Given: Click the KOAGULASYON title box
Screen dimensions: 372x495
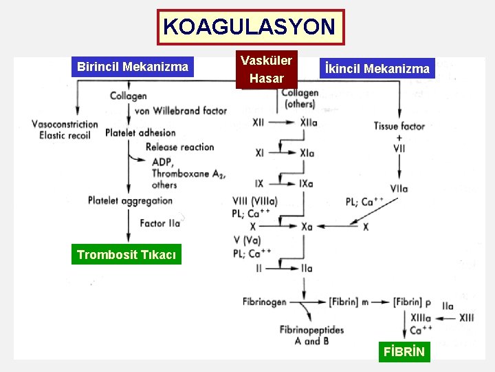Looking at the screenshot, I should point(250,28).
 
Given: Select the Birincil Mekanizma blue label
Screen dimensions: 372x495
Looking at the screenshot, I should point(133,67).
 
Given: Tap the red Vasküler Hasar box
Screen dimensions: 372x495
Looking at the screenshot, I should point(266,70).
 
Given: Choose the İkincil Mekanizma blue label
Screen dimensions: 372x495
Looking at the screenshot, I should point(377,68).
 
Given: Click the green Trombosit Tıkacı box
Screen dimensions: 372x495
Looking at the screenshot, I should point(126,255).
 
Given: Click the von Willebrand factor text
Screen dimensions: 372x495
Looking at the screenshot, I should point(181,110).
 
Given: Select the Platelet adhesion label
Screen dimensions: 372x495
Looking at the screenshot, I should point(140,132).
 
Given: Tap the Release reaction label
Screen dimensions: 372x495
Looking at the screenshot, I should point(179,147).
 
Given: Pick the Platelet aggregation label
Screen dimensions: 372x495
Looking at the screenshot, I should point(130,200).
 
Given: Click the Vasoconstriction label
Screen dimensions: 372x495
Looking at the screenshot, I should point(65,124).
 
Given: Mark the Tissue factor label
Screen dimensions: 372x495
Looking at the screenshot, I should point(399,126).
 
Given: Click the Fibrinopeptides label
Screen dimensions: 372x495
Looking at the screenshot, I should point(311,330).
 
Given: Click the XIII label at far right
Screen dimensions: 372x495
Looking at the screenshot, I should point(467,318).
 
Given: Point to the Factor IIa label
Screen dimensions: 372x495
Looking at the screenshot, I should point(159,223).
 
